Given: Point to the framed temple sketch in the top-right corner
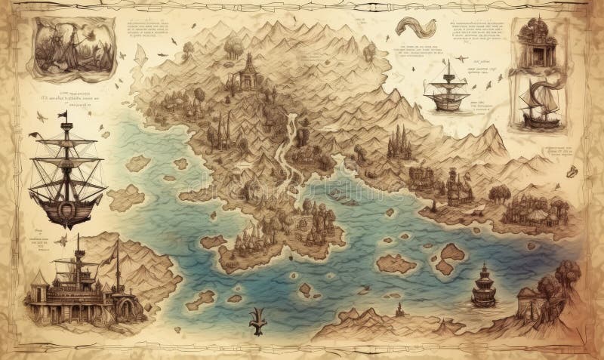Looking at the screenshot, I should coord(537,42).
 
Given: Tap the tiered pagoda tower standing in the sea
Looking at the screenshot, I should coord(482,285).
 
